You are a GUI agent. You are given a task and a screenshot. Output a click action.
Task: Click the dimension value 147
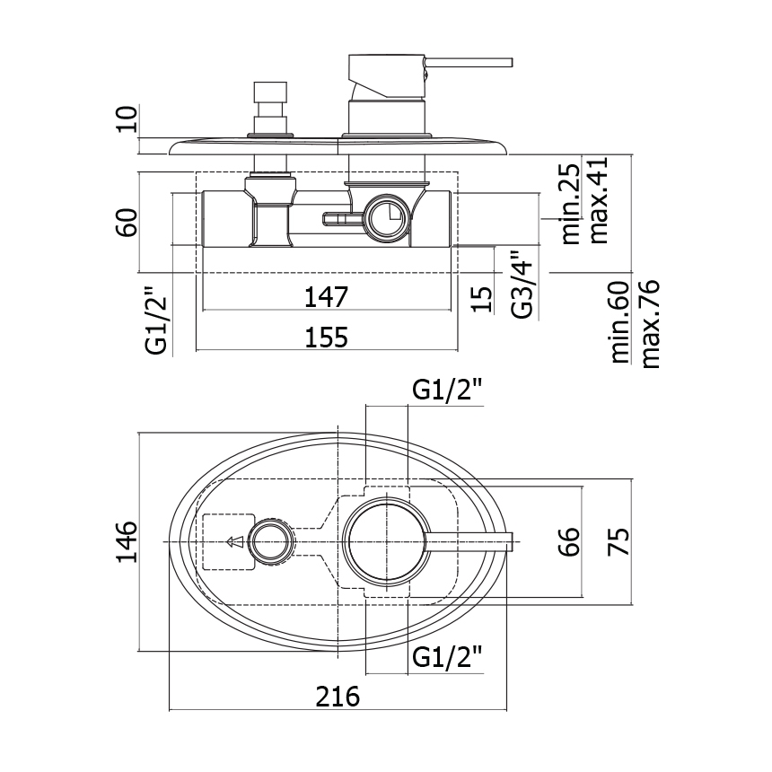coord(327,297)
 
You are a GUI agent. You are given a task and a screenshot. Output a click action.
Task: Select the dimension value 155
coord(327,338)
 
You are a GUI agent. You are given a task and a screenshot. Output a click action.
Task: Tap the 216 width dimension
coord(338,697)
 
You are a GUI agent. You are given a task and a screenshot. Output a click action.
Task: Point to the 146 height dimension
coord(127,541)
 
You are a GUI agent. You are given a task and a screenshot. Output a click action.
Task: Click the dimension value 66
coord(569,541)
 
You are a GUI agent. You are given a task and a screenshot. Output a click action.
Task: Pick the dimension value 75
coord(618,541)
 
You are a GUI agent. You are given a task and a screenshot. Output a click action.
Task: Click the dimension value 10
coord(127,118)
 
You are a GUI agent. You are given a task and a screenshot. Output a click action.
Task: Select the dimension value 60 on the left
coord(127,223)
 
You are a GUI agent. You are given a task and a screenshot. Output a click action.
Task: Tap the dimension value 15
coord(481,298)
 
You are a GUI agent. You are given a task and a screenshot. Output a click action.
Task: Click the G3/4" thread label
coord(522,285)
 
